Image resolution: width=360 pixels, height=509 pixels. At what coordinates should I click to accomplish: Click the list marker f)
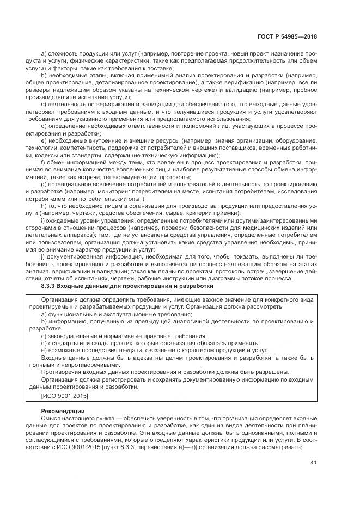pyautogui.click(x=44, y=162)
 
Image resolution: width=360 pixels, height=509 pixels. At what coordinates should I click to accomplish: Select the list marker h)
pyautogui.click(x=44, y=206)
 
